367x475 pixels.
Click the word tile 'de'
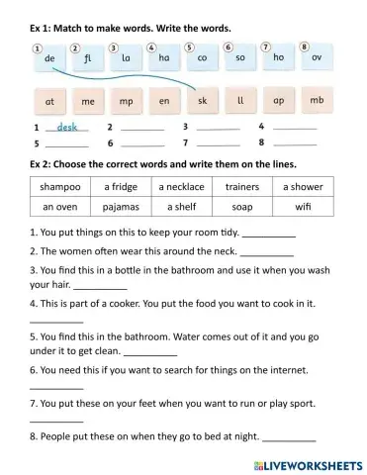coord(49,59)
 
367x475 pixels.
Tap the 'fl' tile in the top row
coord(87,59)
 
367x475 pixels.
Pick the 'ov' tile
coord(317,59)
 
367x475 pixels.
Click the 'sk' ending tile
coord(202,101)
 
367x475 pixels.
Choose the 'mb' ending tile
coord(317,101)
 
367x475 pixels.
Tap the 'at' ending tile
coord(49,101)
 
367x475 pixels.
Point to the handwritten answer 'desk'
coord(67,127)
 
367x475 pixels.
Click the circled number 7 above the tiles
coord(265,47)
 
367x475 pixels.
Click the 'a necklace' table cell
coord(182,186)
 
